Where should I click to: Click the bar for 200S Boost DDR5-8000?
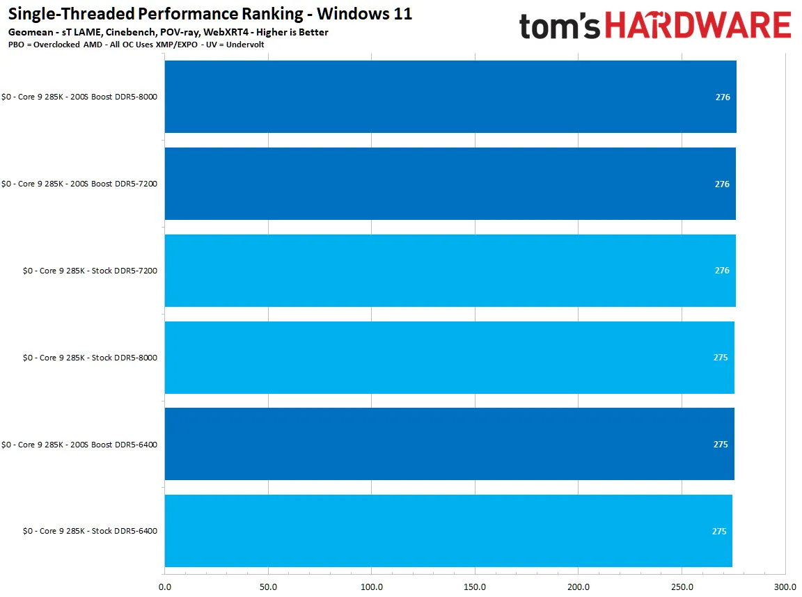[450, 97]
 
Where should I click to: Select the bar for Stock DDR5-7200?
[450, 271]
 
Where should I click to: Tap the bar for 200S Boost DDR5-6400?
[449, 444]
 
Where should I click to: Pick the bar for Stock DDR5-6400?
[448, 531]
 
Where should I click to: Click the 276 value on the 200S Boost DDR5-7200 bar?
[722, 184]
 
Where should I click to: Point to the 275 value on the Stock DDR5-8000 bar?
[721, 357]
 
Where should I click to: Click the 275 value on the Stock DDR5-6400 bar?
[719, 531]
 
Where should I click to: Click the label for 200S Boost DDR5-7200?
[79, 184]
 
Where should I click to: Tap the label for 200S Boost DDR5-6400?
[79, 445]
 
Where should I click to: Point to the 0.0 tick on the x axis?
[165, 587]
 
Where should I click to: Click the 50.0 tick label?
[268, 587]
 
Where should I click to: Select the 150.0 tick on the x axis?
[475, 587]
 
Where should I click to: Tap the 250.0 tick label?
[682, 587]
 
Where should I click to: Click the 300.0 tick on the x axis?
[785, 587]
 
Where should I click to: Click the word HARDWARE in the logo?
[698, 26]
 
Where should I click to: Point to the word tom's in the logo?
[560, 26]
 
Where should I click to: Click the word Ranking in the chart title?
[274, 14]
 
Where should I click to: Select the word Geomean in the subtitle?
[31, 32]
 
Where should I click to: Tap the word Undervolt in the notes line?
[245, 45]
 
